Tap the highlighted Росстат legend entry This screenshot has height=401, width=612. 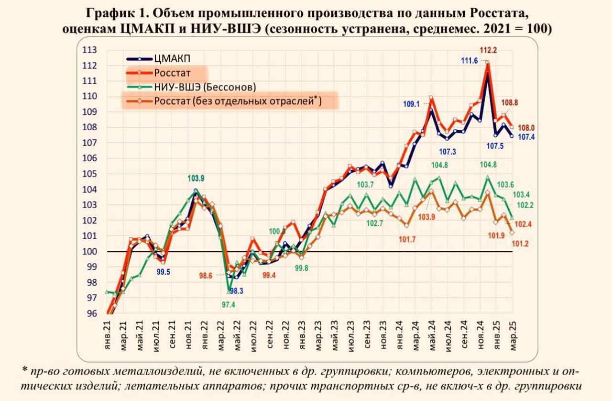tap(172, 73)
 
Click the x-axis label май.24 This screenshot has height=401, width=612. tap(432, 335)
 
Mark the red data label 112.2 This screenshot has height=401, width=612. tap(488, 50)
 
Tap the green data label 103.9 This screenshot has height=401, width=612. tap(195, 178)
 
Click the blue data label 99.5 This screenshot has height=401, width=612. tap(163, 272)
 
